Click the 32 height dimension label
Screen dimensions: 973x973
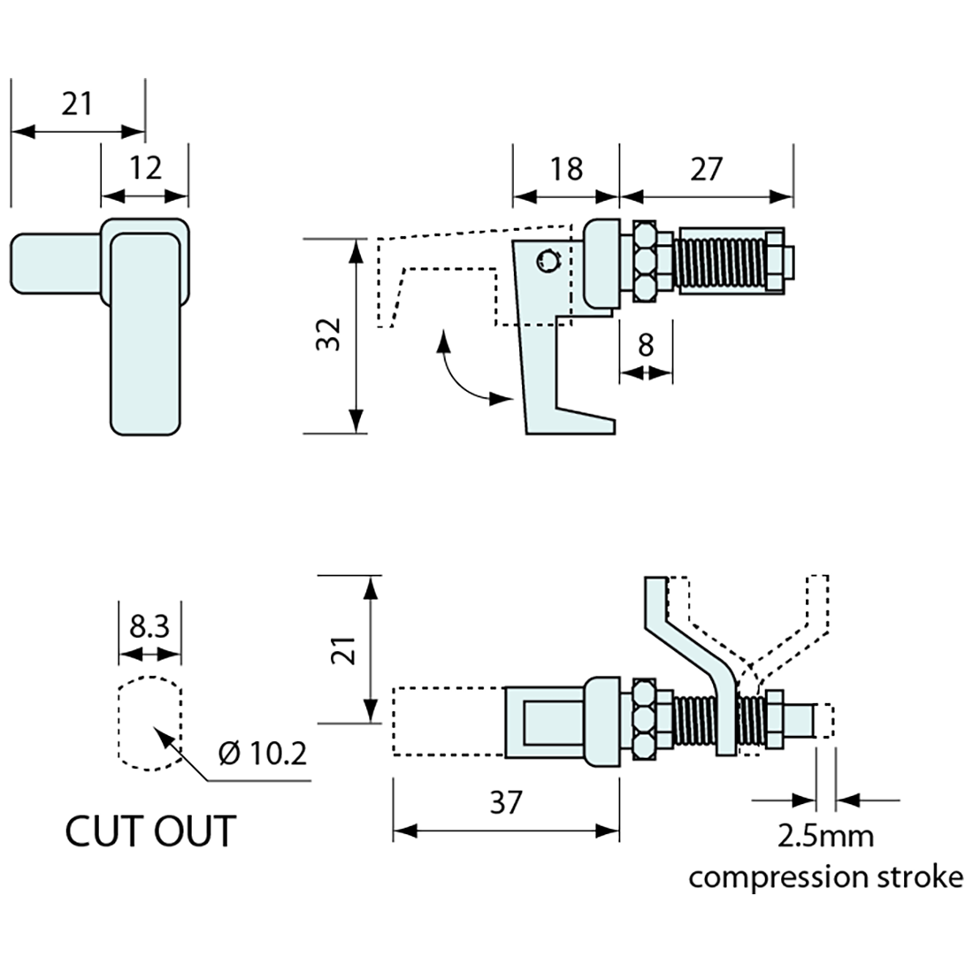[329, 335]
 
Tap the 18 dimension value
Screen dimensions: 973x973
[565, 168]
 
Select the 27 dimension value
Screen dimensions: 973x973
[706, 168]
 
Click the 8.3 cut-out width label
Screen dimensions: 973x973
[149, 626]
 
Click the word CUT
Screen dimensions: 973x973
[103, 831]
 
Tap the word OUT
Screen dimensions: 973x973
[194, 831]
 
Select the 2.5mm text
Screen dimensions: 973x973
[824, 835]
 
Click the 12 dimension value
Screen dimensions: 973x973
[145, 167]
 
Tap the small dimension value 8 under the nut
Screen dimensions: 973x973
[646, 344]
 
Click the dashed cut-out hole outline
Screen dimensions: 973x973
[149, 722]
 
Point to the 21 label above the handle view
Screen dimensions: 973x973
[77, 104]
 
